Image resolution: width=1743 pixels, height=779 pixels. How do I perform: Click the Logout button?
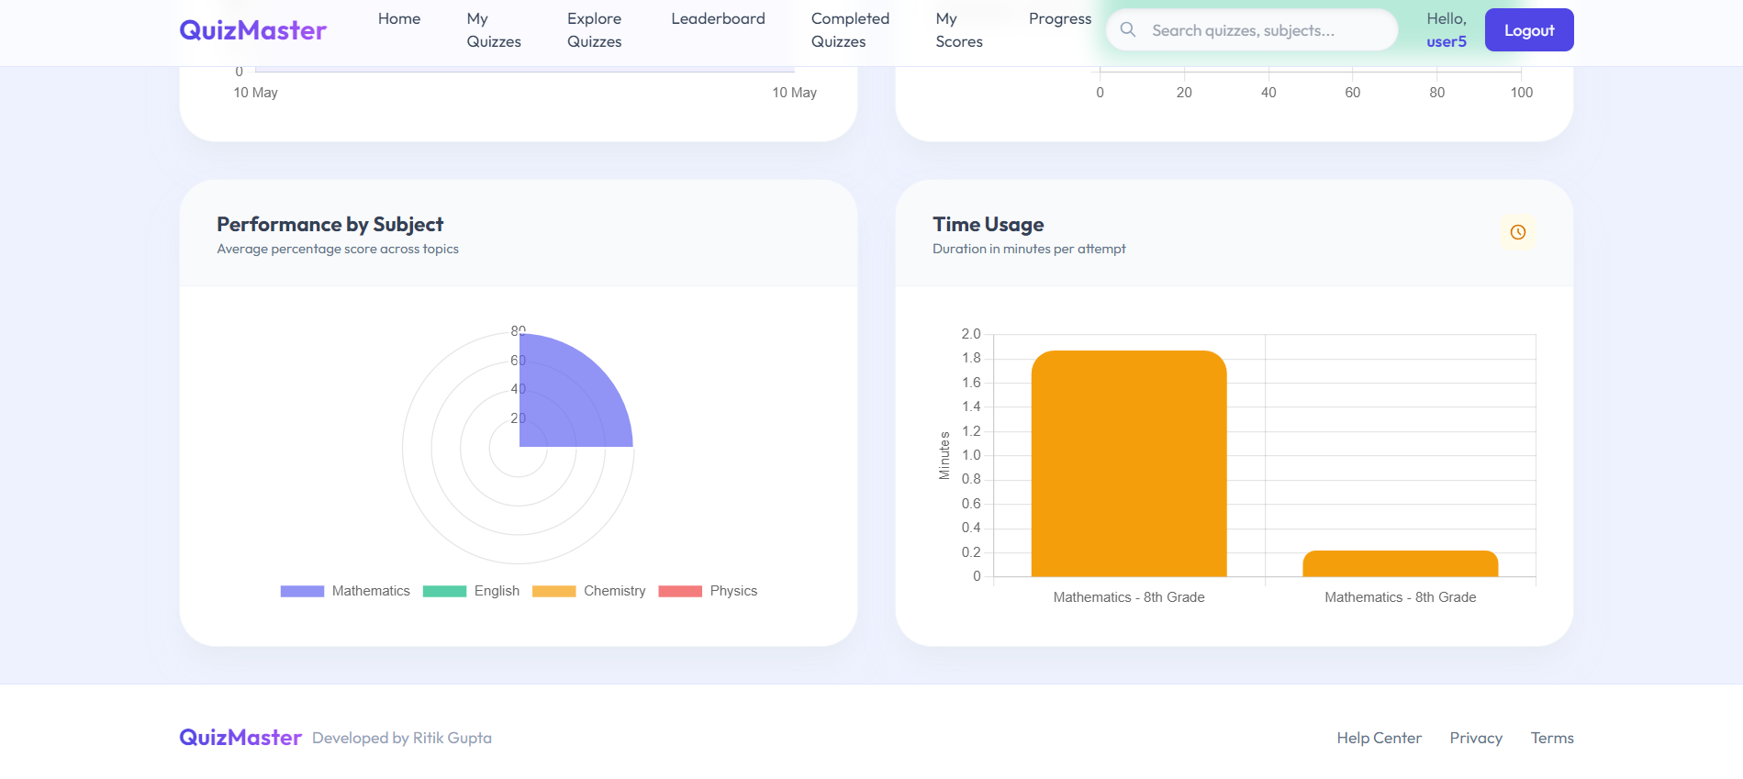coord(1528,30)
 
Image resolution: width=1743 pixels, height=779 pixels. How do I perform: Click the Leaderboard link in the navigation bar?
coord(718,19)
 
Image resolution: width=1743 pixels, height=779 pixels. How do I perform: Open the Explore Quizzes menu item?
coord(594,30)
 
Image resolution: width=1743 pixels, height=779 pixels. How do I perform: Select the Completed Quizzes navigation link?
coord(850,30)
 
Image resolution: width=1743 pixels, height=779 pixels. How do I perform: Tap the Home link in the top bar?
coord(399,19)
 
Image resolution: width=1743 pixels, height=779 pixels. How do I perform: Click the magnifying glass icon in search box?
coord(1128,30)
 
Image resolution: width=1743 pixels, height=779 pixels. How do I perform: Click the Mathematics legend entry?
coord(345,591)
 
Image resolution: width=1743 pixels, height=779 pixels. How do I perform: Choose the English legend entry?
coord(471,591)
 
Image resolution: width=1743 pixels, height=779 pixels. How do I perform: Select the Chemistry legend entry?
coord(588,591)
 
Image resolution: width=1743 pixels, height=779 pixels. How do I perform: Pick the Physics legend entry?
coord(708,591)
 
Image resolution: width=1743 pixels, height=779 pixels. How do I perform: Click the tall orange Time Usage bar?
coord(1129,463)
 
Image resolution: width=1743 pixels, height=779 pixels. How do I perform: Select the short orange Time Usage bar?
coord(1400,563)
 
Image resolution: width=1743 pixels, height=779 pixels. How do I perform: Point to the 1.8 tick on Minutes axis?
coord(971,358)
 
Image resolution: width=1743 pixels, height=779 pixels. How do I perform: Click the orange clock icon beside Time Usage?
coord(1517,232)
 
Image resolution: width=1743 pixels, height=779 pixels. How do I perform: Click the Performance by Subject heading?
coord(330,225)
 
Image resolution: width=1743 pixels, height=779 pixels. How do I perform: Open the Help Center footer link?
coord(1379,738)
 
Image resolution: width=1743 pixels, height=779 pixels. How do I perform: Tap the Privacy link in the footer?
coord(1476,738)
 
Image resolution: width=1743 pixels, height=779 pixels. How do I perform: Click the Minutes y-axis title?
coord(944,455)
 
